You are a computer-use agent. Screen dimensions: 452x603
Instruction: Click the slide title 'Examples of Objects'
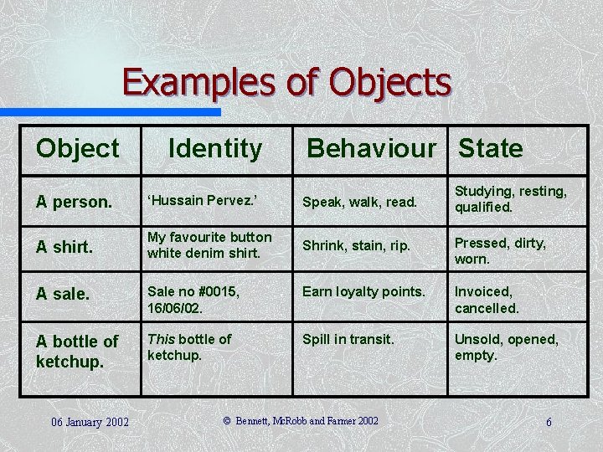click(286, 83)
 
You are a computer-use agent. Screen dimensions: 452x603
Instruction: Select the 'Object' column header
click(77, 149)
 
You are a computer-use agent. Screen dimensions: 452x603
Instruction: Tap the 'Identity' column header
click(215, 149)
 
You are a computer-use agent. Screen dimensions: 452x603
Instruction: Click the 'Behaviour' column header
click(372, 149)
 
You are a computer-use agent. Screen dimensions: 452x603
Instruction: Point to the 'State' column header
click(491, 149)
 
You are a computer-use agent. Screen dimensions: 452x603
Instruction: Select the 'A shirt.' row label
click(64, 246)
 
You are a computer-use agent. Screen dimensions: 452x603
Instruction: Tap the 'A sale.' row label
click(62, 294)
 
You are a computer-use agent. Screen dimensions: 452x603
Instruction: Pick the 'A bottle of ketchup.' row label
click(77, 352)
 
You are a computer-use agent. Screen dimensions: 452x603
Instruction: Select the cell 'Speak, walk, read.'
click(359, 202)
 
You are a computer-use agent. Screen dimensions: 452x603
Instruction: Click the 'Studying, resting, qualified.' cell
click(510, 199)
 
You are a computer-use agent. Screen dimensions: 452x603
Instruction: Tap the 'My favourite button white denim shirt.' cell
click(209, 245)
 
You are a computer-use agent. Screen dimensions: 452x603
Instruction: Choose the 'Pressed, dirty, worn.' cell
click(500, 250)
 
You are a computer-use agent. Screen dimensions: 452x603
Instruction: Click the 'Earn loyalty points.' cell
click(363, 291)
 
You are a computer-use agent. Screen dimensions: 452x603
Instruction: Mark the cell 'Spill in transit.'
click(348, 339)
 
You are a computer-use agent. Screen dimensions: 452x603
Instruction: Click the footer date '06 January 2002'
click(89, 421)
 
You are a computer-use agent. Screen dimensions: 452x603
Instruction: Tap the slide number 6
click(549, 422)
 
